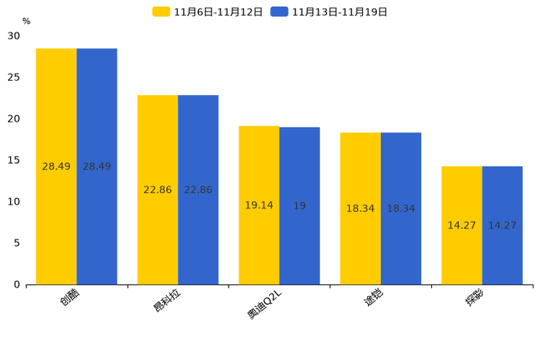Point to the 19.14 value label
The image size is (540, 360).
[x=259, y=205]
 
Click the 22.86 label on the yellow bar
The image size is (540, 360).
[x=157, y=190]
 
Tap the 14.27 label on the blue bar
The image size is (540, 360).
[x=502, y=226]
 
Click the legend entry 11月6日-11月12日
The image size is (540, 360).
[x=208, y=12]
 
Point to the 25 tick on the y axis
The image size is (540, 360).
[x=14, y=78]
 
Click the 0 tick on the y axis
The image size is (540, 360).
[x=17, y=285]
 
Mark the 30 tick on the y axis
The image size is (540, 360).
[x=14, y=36]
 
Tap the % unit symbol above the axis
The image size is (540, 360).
[x=26, y=21]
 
